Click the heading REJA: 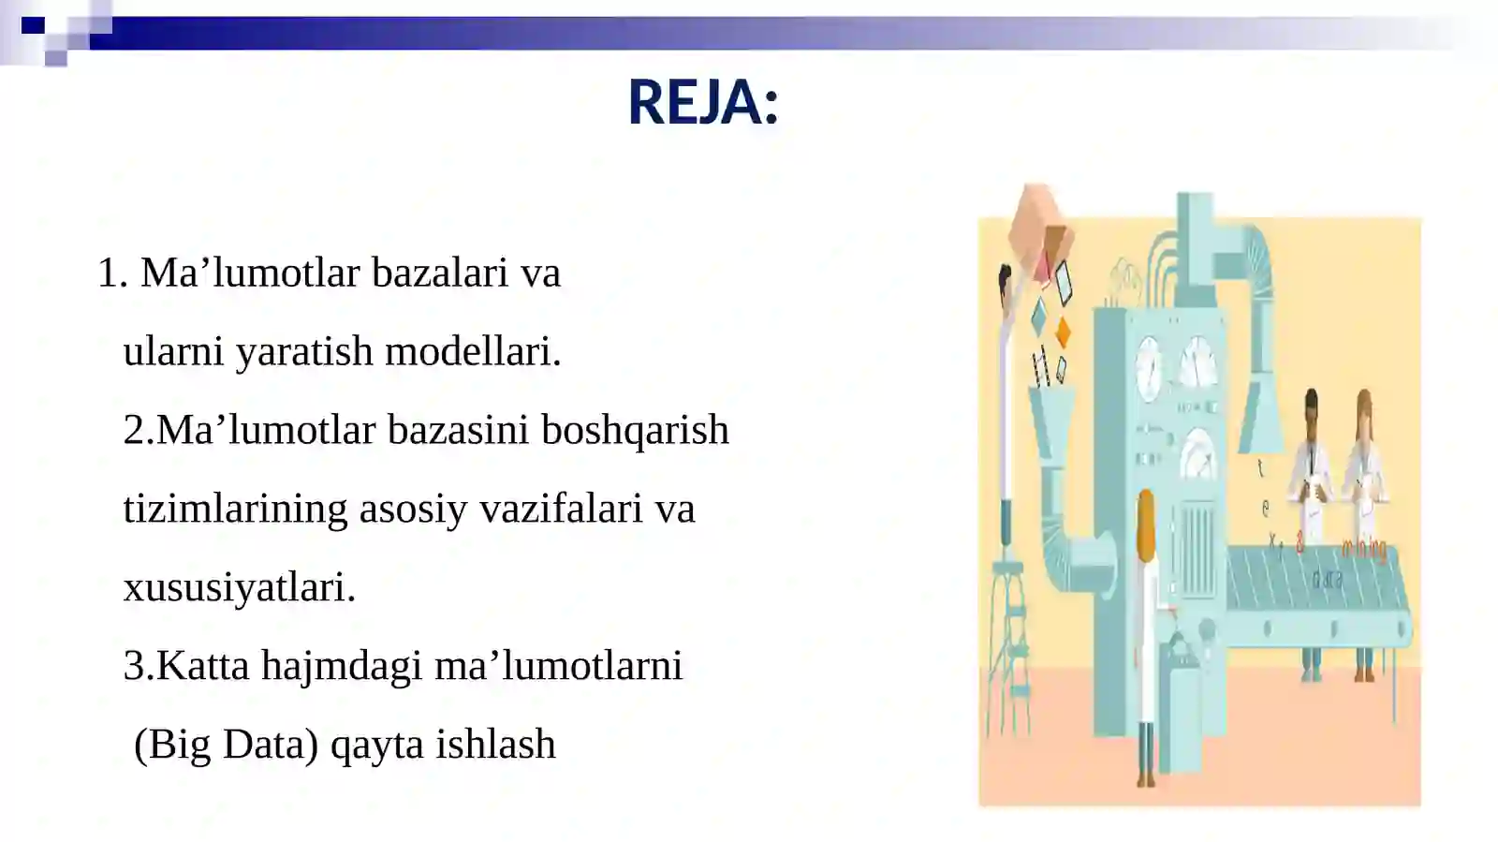(x=702, y=102)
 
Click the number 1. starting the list (x=112, y=273)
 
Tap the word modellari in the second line (x=472, y=352)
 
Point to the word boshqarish (x=635, y=431)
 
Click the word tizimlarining (x=235, y=510)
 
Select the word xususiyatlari (x=239, y=588)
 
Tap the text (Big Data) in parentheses (x=226, y=746)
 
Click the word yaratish (x=304, y=352)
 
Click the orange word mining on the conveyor (x=1363, y=548)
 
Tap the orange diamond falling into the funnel (x=1063, y=332)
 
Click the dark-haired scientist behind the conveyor (x=1312, y=487)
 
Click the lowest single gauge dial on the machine (x=1198, y=456)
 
